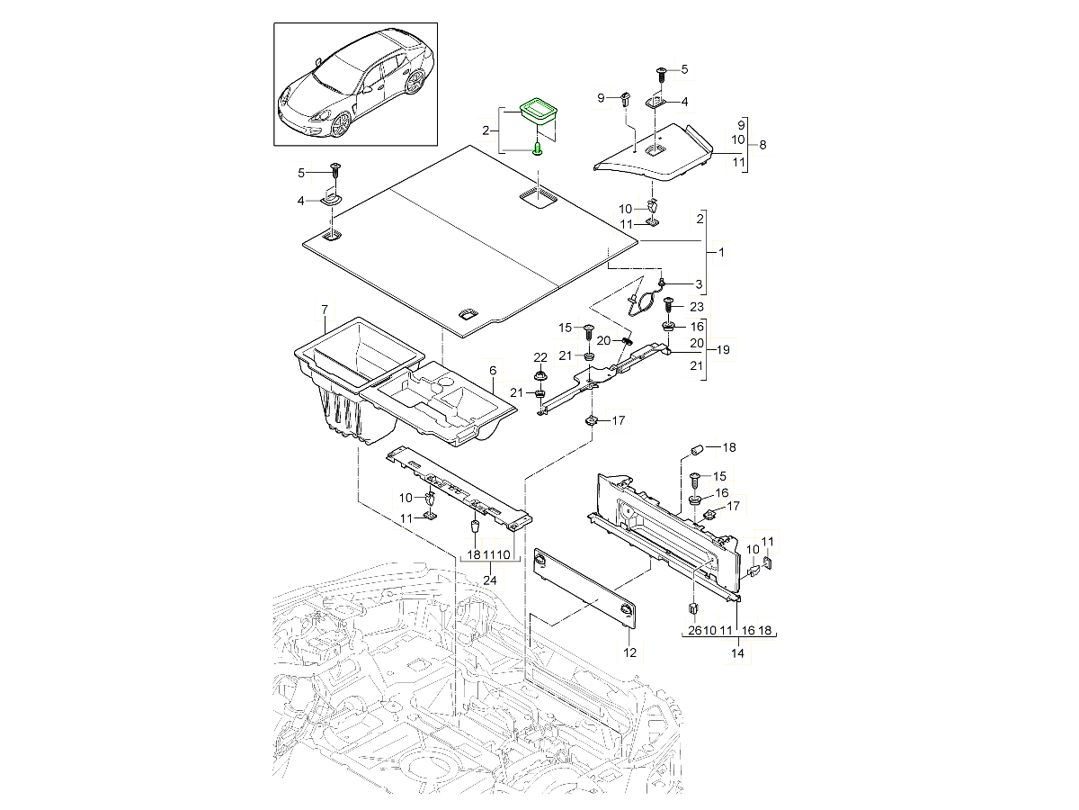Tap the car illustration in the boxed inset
click(353, 84)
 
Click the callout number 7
click(324, 310)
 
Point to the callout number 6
click(492, 371)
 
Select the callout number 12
click(629, 651)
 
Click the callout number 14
click(737, 654)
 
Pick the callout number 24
click(489, 580)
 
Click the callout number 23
click(696, 307)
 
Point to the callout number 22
click(539, 357)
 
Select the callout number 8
click(762, 144)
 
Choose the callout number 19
click(723, 348)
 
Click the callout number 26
click(695, 630)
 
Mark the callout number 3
click(699, 284)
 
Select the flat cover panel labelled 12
click(584, 587)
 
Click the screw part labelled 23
click(669, 308)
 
